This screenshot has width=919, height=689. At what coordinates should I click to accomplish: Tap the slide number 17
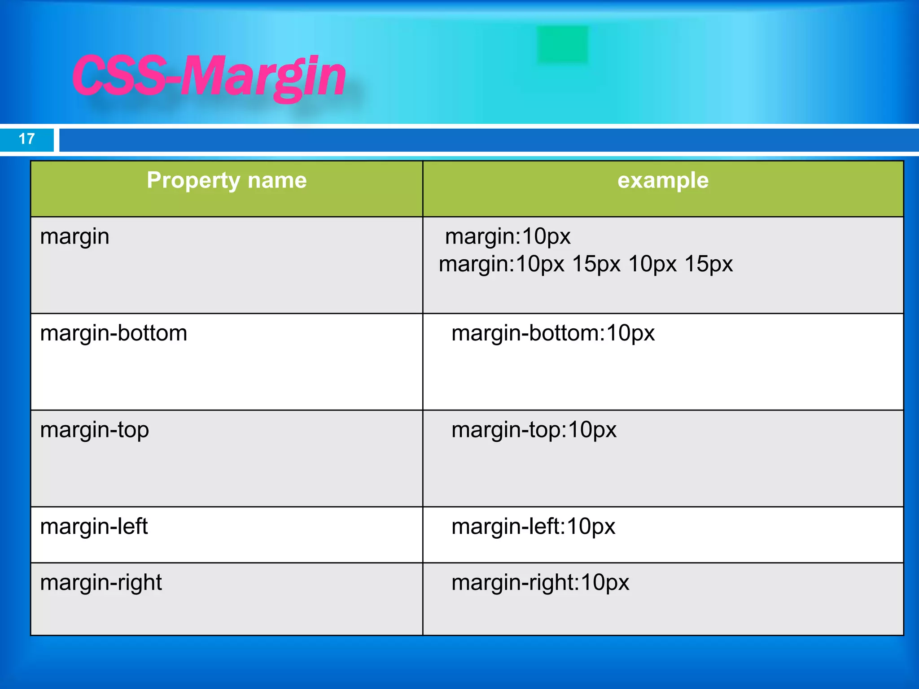(27, 139)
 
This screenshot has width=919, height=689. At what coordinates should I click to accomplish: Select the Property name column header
(227, 181)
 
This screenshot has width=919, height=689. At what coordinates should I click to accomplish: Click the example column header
(663, 181)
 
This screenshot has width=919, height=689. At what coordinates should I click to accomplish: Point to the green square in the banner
(562, 44)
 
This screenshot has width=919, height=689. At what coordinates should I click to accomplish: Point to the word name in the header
(277, 181)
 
